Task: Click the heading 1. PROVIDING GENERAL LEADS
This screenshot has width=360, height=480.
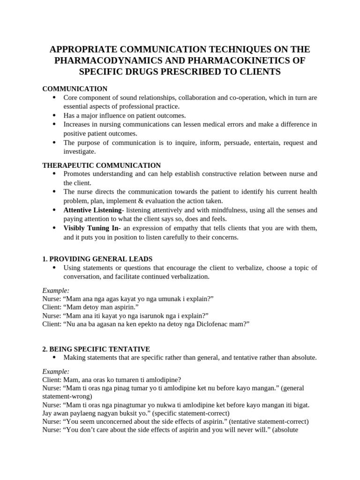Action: click(97, 259)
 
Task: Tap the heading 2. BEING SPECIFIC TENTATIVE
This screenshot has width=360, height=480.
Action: click(96, 349)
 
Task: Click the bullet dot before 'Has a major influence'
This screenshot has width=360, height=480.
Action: click(54, 115)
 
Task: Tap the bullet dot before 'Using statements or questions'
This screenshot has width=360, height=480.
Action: click(54, 268)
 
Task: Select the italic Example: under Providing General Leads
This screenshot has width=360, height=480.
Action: click(56, 291)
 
